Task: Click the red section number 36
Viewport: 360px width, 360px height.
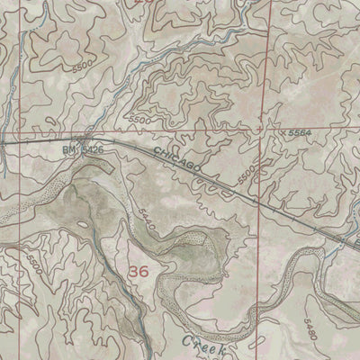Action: tap(139, 270)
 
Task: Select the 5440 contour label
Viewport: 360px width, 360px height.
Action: tap(149, 221)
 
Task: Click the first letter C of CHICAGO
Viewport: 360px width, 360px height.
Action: tap(157, 154)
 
